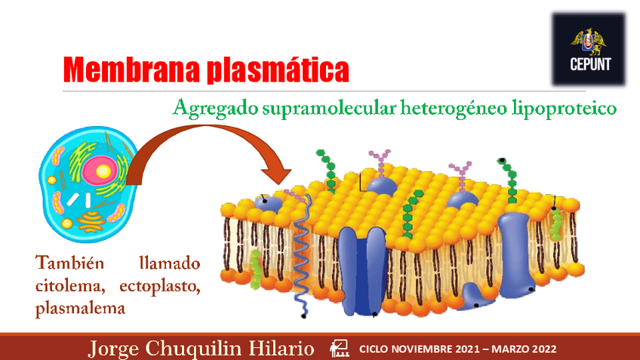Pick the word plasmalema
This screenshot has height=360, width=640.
pyautogui.click(x=80, y=308)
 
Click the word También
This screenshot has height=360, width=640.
pyautogui.click(x=65, y=264)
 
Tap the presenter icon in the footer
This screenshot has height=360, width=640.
pyautogui.click(x=340, y=348)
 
